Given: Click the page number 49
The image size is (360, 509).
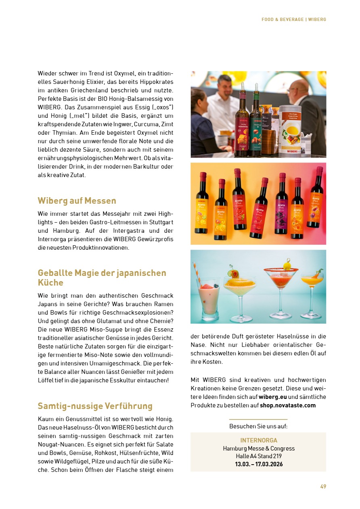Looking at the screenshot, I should coord(323,486).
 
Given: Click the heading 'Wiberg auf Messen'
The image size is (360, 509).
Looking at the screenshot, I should coord(77,201).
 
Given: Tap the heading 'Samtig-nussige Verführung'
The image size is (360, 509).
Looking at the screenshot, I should coord(95,406).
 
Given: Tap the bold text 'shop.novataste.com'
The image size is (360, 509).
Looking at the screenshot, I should coord(288,405).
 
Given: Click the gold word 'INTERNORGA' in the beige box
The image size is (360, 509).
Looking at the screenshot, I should coord(259,440).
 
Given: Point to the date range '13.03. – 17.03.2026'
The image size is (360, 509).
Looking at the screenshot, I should coord(259,464).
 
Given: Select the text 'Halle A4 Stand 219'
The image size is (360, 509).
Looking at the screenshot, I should coord(259,456).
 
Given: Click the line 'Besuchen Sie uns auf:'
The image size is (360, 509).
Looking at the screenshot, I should coord(258,426).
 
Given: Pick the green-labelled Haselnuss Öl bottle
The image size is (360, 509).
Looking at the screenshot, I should coord(255,121).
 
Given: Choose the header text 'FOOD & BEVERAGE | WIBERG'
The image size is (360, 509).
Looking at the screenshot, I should coord(293,19).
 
